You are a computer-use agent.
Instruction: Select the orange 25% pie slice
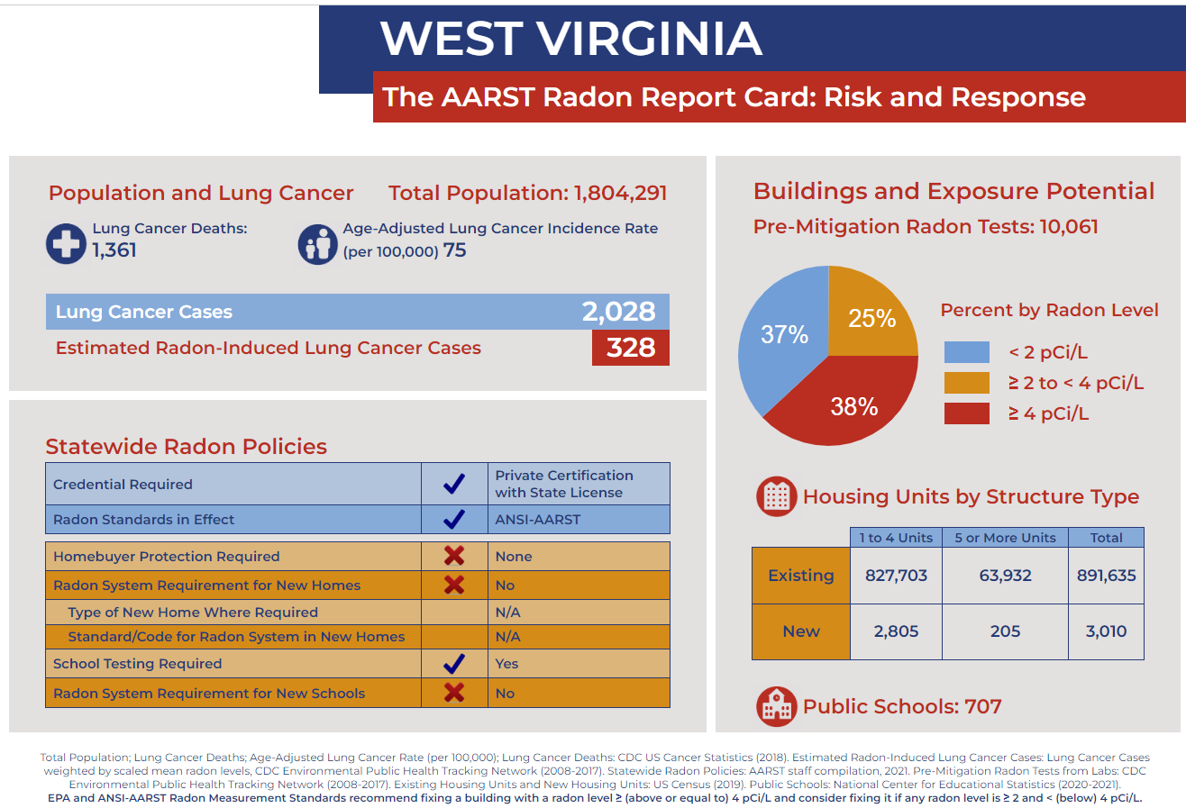(869, 315)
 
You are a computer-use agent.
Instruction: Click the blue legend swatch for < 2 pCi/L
(966, 352)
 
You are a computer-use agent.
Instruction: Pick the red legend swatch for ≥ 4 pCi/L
(966, 413)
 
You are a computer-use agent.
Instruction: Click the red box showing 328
(630, 348)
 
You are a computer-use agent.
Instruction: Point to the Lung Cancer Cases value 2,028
(618, 312)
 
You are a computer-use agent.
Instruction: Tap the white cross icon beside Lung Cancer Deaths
(67, 244)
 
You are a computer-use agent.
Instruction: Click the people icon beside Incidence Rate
(317, 244)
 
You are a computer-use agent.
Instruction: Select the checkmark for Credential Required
(454, 484)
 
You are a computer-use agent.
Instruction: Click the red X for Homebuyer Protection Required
(454, 557)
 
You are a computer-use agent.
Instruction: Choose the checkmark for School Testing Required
(454, 664)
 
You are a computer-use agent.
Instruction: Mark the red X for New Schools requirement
(454, 693)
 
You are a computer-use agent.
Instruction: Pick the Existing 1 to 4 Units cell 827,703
(896, 576)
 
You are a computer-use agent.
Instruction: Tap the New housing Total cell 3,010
(1106, 631)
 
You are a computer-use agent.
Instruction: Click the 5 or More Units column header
(1005, 538)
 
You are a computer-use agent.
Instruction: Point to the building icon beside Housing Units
(776, 496)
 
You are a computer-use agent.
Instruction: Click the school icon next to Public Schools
(776, 706)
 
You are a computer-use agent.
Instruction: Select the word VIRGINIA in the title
(648, 39)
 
